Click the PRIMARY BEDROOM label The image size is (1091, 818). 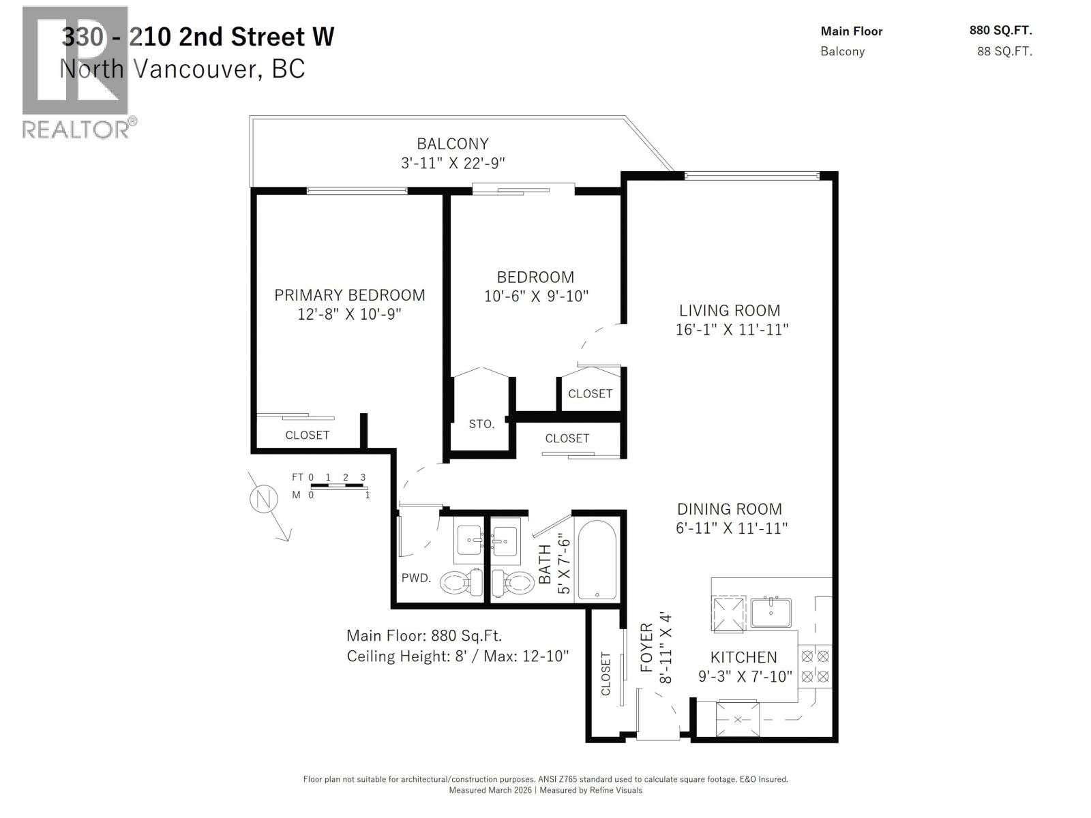point(349,295)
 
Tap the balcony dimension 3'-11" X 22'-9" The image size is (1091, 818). point(453,163)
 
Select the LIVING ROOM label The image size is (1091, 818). point(729,310)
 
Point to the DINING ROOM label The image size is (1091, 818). point(729,509)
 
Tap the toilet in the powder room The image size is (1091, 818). point(460,582)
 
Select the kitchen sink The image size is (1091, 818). point(771,612)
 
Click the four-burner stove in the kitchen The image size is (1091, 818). point(815,666)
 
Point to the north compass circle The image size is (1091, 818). point(263,500)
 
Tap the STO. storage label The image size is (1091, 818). point(481,424)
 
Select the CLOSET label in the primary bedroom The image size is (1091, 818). point(307,435)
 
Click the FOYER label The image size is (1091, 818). point(646,648)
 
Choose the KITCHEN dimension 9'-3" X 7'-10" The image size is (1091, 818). point(745,676)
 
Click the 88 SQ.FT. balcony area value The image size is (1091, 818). point(1004,51)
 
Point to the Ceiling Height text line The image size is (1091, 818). point(458,656)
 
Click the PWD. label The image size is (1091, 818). point(416,578)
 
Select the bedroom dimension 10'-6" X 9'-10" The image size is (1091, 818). point(535,296)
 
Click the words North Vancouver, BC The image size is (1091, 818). point(182,69)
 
